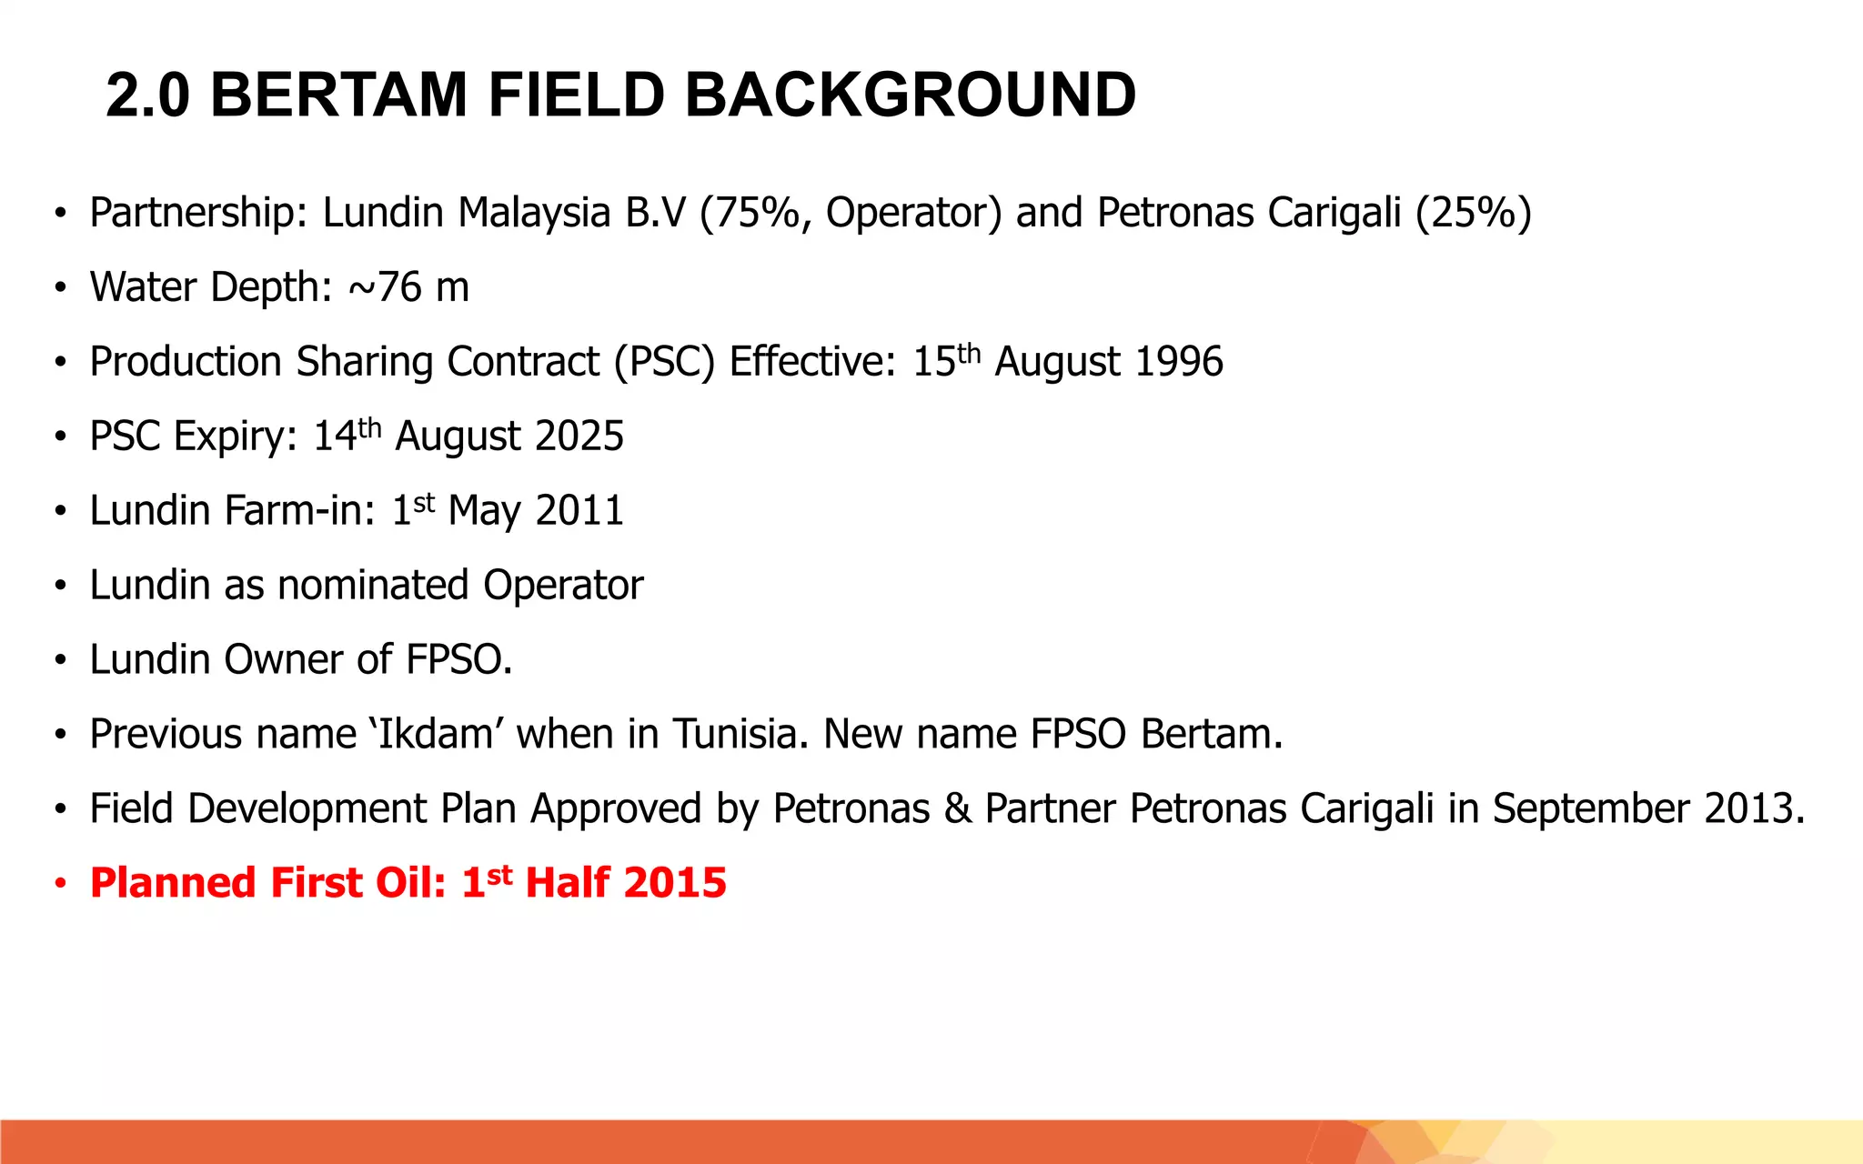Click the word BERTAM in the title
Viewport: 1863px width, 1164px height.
tap(338, 95)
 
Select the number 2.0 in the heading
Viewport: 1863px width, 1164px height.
tap(147, 95)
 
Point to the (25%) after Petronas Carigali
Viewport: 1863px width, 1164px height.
tap(1474, 213)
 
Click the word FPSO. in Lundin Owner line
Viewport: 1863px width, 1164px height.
tap(459, 660)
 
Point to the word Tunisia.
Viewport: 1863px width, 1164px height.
tap(740, 735)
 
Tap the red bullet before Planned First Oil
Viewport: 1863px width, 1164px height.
tap(60, 884)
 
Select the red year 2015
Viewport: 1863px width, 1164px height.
tap(675, 884)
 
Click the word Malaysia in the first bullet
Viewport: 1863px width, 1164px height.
tap(534, 213)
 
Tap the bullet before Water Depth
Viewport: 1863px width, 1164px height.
tap(60, 288)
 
